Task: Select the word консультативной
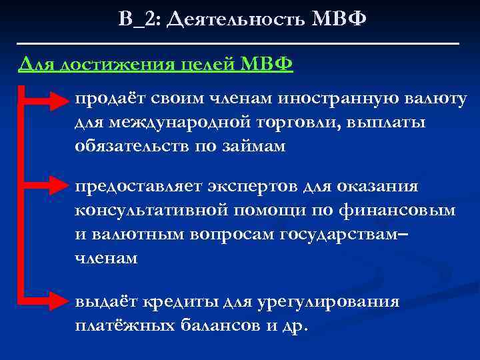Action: pyautogui.click(x=153, y=210)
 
